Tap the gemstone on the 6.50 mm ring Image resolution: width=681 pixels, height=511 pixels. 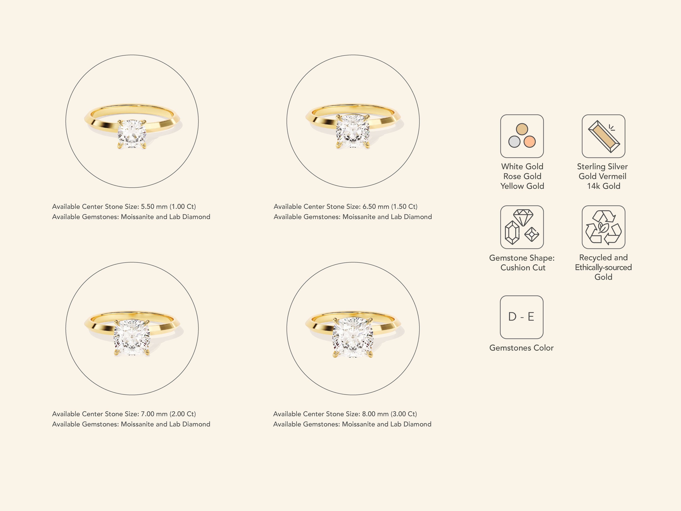[x=353, y=131]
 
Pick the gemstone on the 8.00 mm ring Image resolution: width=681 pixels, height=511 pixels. [x=353, y=337]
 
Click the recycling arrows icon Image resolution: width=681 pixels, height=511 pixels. [x=603, y=227]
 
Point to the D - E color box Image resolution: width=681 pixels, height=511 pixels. [x=521, y=317]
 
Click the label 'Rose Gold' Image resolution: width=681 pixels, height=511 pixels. [x=522, y=176]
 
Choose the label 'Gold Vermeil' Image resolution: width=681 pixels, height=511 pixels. [x=603, y=176]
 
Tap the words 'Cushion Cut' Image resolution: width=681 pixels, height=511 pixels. [x=523, y=267]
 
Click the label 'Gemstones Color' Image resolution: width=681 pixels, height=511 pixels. [x=521, y=348]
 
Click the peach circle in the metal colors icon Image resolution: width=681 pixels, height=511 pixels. [x=529, y=142]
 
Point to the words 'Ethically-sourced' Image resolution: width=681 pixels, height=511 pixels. [x=603, y=267]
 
